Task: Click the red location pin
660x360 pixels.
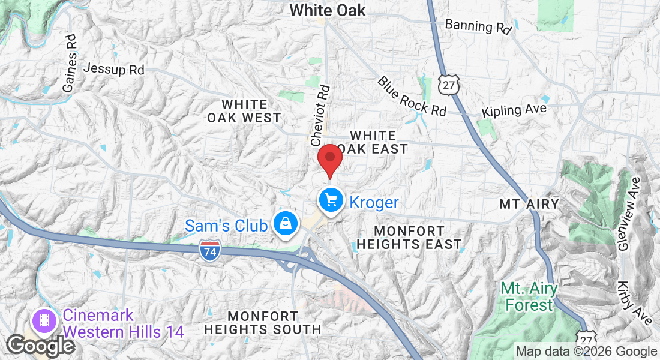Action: coord(329,159)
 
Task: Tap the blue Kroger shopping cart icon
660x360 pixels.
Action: coord(331,200)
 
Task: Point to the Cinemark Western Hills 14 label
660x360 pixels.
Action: coord(123,323)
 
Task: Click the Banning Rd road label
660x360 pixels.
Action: coord(478,26)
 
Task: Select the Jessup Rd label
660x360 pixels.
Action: coord(113,69)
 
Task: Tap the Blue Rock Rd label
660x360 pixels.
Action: coord(412,96)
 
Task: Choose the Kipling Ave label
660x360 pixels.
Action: coord(515,110)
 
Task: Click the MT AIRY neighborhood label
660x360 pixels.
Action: coord(529,204)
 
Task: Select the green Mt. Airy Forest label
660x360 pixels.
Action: coord(529,296)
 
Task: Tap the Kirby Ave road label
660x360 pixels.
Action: coord(634,302)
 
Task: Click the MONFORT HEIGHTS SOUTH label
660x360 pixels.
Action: coord(263,322)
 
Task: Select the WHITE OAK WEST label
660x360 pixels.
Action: coord(244,111)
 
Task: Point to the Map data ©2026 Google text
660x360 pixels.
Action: coord(587,352)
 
